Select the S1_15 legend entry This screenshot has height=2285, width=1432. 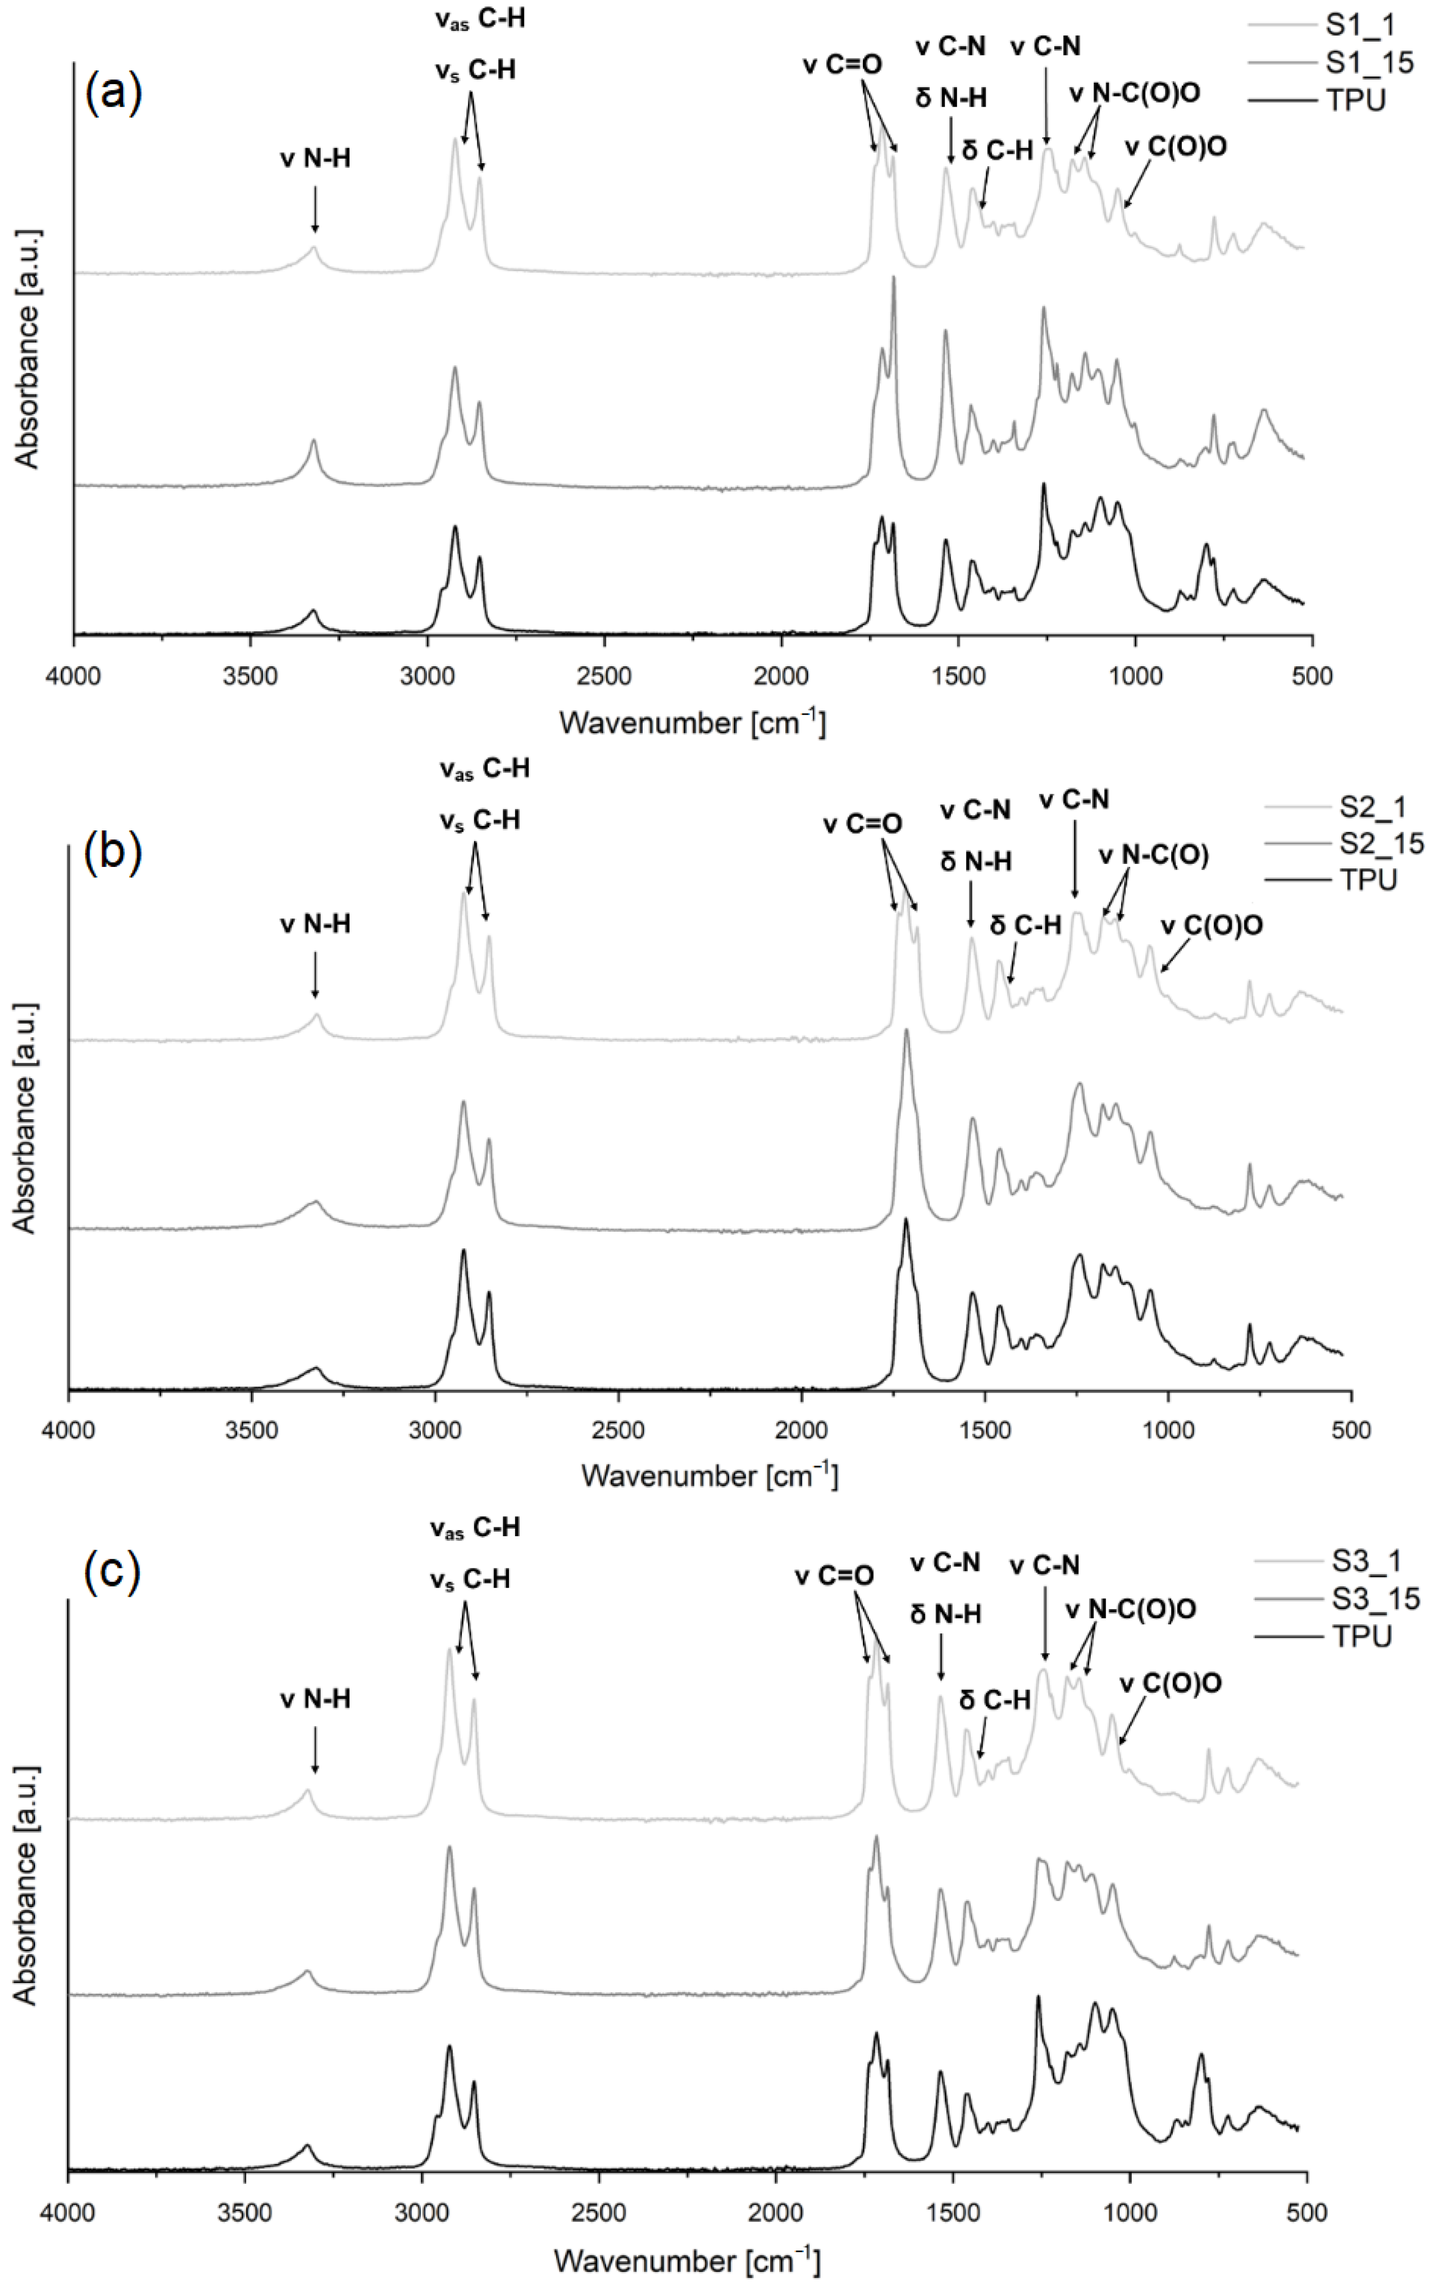point(1368,63)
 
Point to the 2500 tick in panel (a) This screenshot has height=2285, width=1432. point(604,676)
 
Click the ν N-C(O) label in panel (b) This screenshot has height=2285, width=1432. point(1154,855)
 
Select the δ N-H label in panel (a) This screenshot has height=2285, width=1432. point(951,98)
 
